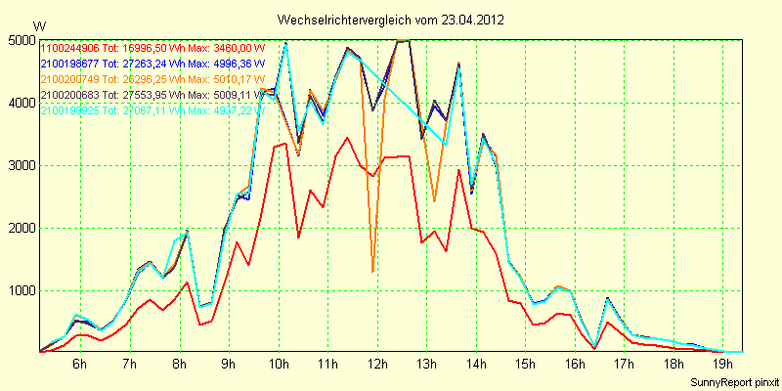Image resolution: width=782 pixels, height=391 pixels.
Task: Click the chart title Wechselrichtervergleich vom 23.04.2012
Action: [x=391, y=20]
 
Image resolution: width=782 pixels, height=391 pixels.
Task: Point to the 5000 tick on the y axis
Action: [x=22, y=40]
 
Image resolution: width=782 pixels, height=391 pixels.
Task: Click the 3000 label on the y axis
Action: [x=22, y=165]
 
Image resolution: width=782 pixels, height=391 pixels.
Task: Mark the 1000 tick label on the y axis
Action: [x=22, y=290]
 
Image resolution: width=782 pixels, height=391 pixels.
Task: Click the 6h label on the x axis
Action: [x=80, y=364]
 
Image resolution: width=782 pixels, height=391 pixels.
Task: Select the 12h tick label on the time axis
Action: [x=377, y=364]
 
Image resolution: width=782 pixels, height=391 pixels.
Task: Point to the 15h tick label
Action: [x=526, y=364]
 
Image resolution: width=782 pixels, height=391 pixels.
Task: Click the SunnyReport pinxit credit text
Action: [x=733, y=381]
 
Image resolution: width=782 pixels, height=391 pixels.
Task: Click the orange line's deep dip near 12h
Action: [x=372, y=271]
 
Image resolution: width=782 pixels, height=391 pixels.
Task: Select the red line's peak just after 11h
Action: [x=347, y=138]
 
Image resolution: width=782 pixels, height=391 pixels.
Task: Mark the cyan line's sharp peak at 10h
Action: [x=285, y=43]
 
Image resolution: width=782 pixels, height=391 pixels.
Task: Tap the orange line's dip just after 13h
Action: [x=434, y=201]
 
